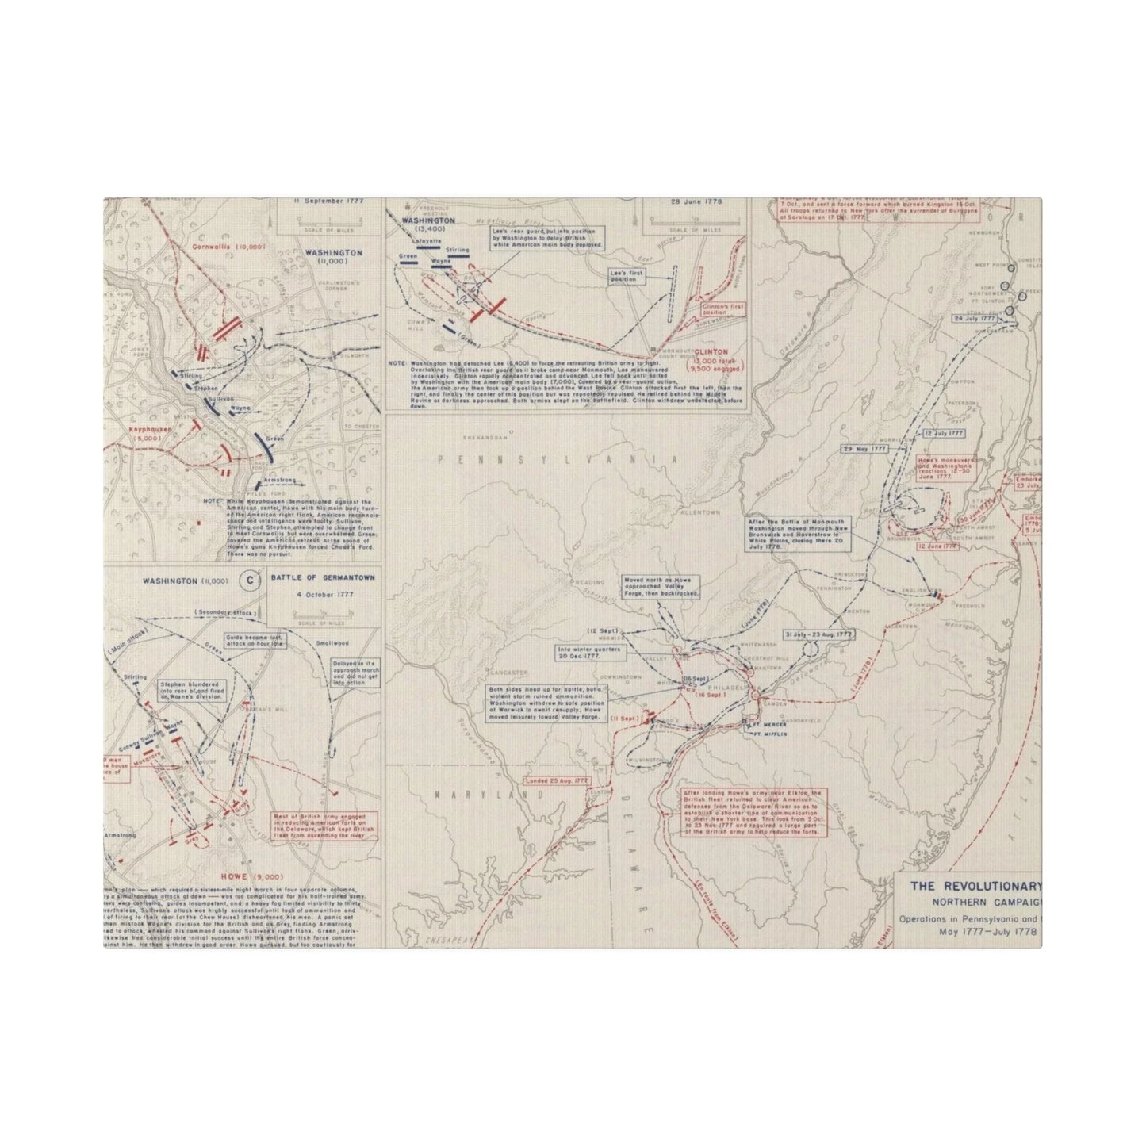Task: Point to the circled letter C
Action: click(249, 581)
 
